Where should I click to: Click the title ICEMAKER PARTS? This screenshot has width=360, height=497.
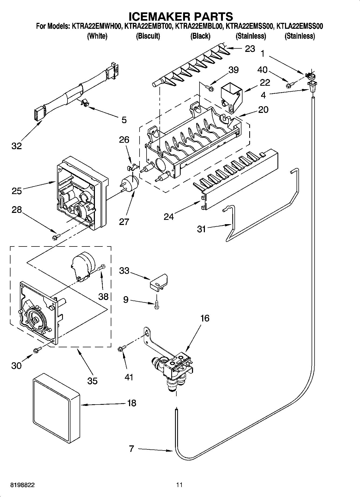[180, 17]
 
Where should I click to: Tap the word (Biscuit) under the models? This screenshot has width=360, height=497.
[148, 36]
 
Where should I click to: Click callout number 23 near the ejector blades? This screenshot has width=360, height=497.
[250, 49]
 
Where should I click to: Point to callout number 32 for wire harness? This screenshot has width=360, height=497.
[16, 146]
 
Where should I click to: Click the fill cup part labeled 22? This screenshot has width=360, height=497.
[231, 97]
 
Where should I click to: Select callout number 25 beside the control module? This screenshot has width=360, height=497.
[17, 191]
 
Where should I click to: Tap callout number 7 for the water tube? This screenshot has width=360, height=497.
[131, 448]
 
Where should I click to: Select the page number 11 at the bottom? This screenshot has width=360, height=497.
[179, 485]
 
